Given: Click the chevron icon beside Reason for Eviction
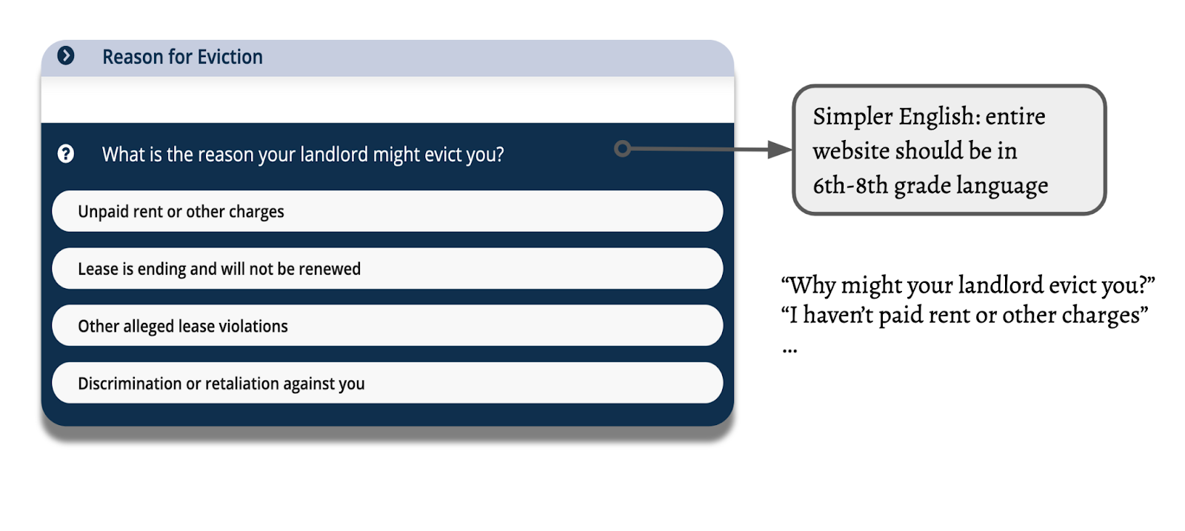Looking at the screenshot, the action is pyautogui.click(x=66, y=56).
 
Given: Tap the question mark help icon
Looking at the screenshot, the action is pyautogui.click(x=66, y=154).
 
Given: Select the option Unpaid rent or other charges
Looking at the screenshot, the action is pyautogui.click(x=387, y=211).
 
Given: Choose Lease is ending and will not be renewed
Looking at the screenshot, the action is pyautogui.click(x=387, y=269).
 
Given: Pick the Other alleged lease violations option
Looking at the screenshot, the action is pyautogui.click(x=387, y=326).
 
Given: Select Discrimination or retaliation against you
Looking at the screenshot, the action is pyautogui.click(x=387, y=383).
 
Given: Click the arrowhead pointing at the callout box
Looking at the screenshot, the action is pyautogui.click(x=779, y=149).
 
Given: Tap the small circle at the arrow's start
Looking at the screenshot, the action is pyautogui.click(x=623, y=149).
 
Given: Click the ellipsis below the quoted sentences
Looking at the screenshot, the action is pyautogui.click(x=790, y=350).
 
